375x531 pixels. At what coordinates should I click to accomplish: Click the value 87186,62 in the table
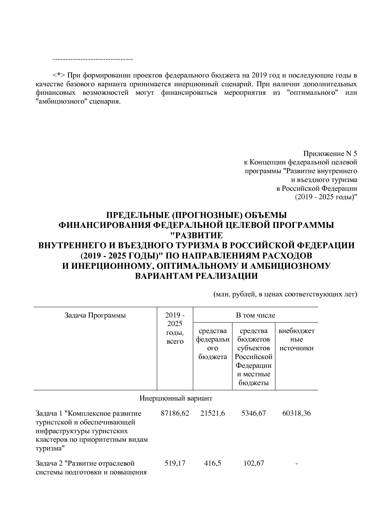[175, 413]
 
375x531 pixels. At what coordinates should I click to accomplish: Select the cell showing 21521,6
[213, 413]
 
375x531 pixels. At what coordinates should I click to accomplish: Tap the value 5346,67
[254, 413]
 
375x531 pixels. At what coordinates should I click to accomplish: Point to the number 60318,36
[296, 413]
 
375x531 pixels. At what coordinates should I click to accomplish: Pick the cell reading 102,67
[254, 463]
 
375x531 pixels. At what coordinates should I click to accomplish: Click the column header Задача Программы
[95, 315]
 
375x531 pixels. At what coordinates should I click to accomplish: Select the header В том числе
[255, 315]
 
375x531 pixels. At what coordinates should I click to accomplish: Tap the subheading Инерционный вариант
[176, 398]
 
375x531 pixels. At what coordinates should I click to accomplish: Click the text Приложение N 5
[330, 153]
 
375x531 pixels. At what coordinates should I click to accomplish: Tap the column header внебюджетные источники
[296, 339]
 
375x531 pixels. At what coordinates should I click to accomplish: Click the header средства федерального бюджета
[213, 344]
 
